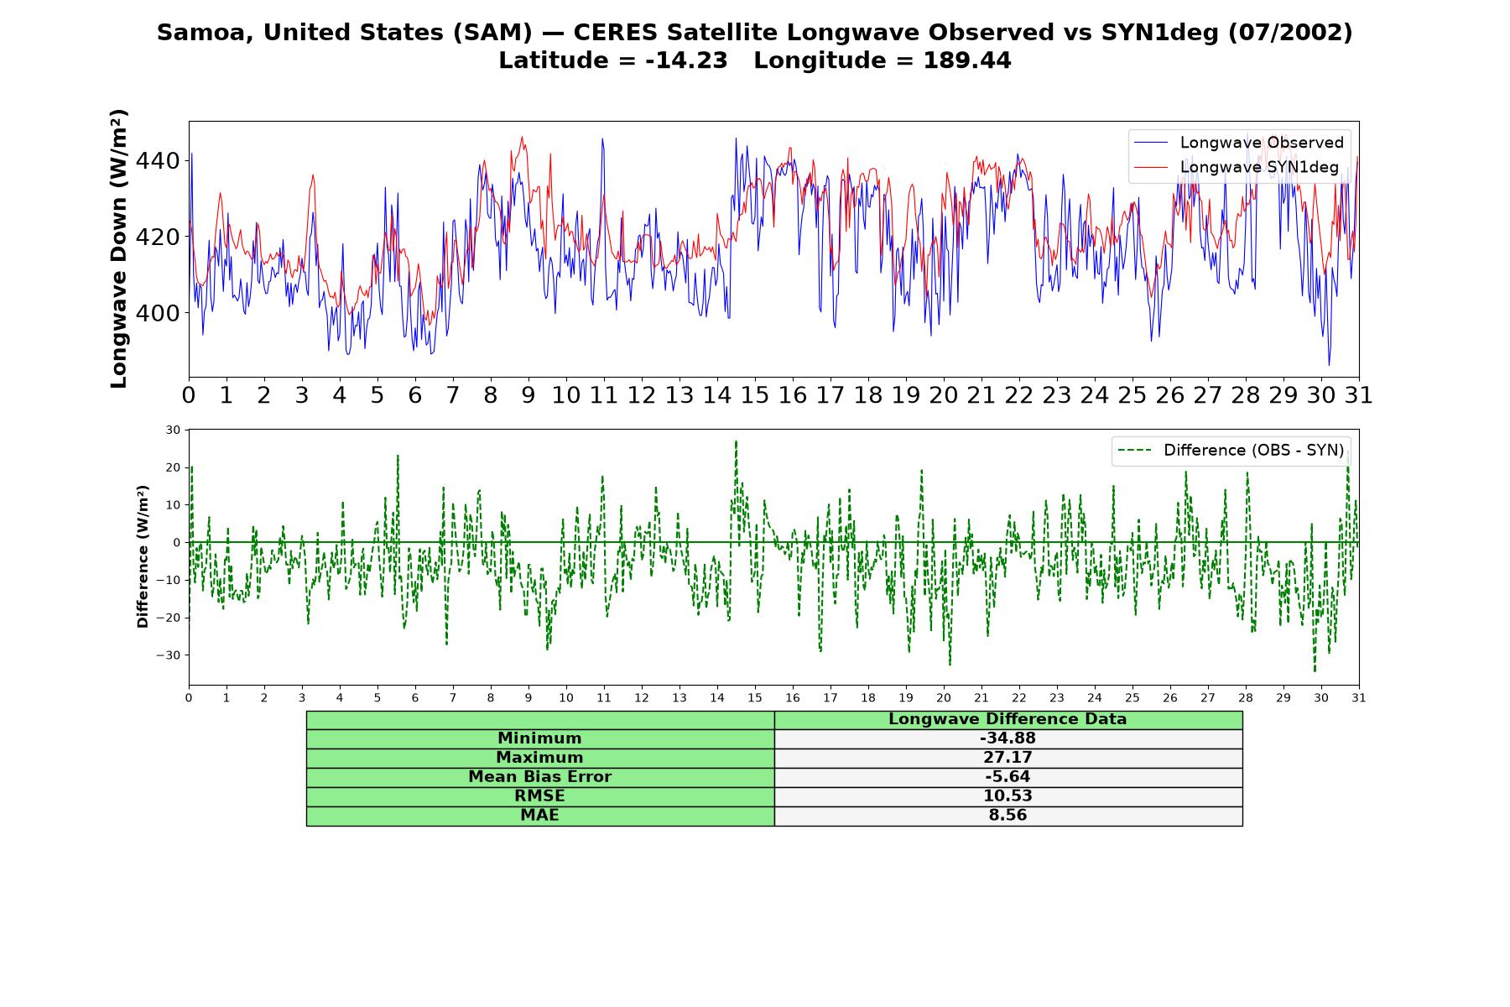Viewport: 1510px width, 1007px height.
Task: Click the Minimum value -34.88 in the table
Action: (x=1008, y=738)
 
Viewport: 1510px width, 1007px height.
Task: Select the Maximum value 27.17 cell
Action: (x=1008, y=758)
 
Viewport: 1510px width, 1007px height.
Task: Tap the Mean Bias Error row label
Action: (x=539, y=777)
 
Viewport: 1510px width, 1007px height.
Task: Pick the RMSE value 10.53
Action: (x=1008, y=796)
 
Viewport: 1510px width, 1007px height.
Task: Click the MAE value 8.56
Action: (x=1008, y=816)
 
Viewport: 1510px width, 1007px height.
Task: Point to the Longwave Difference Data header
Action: (x=1008, y=719)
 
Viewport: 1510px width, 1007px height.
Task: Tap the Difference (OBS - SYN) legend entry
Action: (x=1230, y=451)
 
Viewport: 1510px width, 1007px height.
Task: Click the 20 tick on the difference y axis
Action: (x=174, y=467)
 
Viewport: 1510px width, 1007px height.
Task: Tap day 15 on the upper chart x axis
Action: (x=754, y=395)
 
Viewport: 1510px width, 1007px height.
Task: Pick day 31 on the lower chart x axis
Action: (x=1358, y=697)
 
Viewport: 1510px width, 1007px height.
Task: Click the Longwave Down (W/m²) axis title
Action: (x=118, y=248)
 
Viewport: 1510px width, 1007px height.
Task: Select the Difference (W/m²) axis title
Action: (x=143, y=556)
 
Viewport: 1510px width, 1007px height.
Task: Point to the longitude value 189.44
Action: (x=967, y=60)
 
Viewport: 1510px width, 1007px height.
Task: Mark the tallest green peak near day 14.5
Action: (x=736, y=441)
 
